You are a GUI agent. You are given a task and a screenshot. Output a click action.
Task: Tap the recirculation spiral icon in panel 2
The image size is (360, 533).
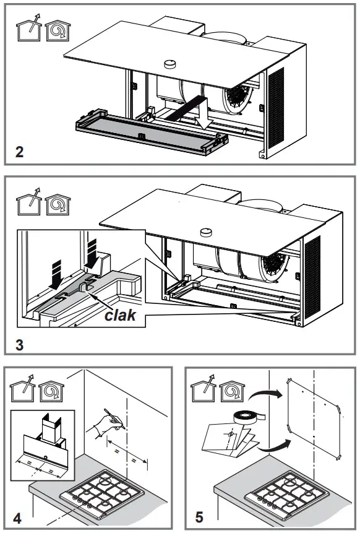(x=58, y=28)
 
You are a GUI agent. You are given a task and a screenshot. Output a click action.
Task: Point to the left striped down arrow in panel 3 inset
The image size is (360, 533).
(x=54, y=275)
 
